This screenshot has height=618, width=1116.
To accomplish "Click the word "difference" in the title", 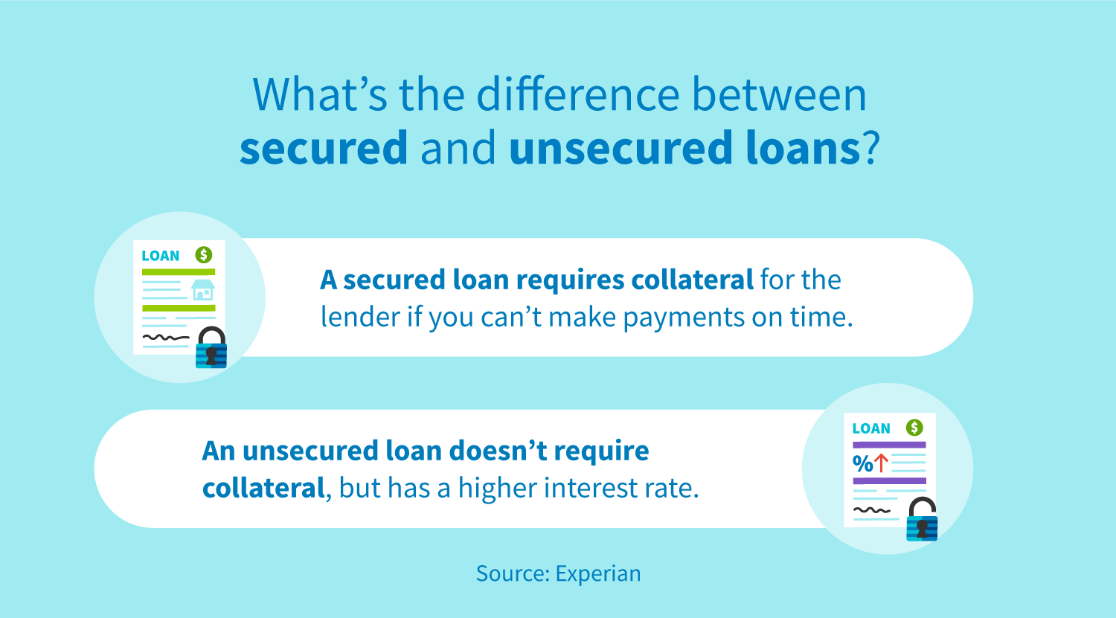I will pyautogui.click(x=577, y=94).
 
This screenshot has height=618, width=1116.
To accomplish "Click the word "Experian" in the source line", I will pyautogui.click(x=598, y=573).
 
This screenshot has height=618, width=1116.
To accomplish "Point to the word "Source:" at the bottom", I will pyautogui.click(x=513, y=573).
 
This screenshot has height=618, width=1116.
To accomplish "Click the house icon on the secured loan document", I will pyautogui.click(x=202, y=289).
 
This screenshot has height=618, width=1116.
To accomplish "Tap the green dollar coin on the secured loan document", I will pyautogui.click(x=204, y=255).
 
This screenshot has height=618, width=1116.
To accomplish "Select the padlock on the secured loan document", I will pyautogui.click(x=211, y=347).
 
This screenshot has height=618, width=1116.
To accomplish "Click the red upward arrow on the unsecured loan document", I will pyautogui.click(x=881, y=463).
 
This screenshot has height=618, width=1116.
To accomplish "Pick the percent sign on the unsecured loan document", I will pyautogui.click(x=862, y=464).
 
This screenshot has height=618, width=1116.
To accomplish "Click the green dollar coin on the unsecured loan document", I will pyautogui.click(x=914, y=428).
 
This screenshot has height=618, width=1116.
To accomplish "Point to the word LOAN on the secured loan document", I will pyautogui.click(x=161, y=256).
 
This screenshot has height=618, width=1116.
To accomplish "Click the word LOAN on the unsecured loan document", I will pyautogui.click(x=871, y=428).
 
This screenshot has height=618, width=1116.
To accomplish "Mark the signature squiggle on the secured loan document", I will pyautogui.click(x=165, y=338).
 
